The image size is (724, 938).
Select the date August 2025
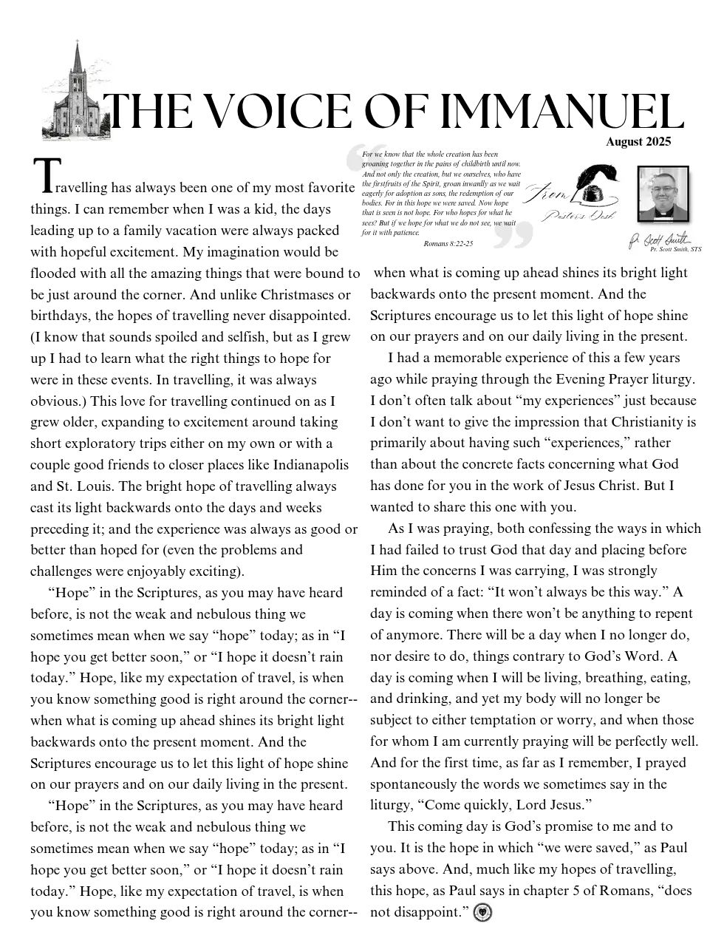(638, 142)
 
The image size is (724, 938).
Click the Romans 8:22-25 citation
(448, 242)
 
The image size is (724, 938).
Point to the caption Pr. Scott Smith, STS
(670, 250)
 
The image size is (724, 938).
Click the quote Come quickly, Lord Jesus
(509, 805)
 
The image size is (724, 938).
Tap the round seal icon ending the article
(483, 912)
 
